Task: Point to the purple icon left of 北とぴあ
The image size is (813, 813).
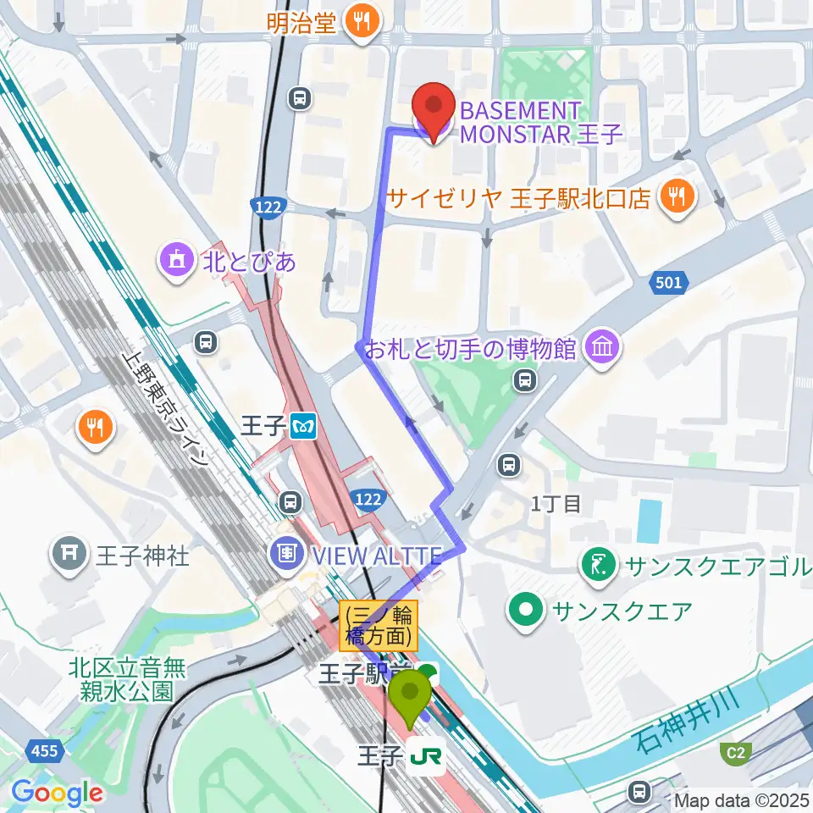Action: point(175,260)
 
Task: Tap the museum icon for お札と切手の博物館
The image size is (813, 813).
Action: point(602,347)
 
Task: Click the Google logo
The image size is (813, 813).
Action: point(56,793)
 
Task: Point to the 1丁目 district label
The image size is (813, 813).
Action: point(556,505)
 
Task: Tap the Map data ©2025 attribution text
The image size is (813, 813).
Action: point(742,799)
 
